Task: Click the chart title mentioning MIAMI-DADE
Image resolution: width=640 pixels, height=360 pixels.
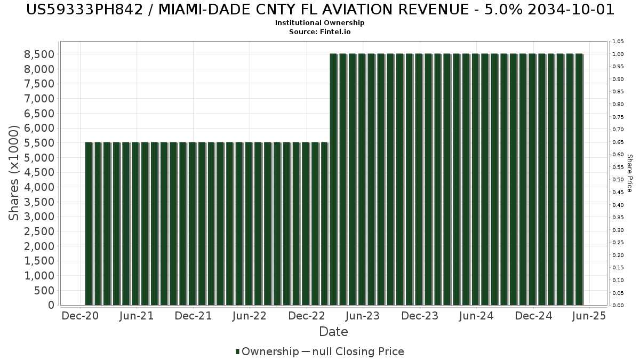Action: coord(320,10)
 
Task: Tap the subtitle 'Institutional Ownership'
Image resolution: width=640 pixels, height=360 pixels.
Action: coord(320,23)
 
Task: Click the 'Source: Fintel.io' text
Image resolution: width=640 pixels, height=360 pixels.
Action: coord(320,31)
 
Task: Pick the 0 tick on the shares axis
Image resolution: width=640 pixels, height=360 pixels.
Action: coord(51,305)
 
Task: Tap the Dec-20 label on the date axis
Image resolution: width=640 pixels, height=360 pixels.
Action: coord(80,316)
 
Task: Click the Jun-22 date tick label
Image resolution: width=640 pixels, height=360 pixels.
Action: coord(250,316)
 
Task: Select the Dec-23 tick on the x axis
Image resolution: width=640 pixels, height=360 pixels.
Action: coord(420,316)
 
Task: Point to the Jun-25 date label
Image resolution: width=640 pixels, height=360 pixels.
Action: coord(589,316)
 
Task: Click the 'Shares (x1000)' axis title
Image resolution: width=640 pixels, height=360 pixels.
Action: coord(14,173)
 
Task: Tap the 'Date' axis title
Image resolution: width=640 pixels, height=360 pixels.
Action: coord(333,332)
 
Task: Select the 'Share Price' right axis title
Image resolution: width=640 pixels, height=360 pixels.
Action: coord(629,173)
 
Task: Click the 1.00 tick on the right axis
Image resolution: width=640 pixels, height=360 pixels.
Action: coord(618,54)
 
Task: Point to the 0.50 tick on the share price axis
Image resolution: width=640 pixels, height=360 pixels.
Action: coord(618,180)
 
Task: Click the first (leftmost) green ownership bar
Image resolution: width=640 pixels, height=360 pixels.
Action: coord(89,224)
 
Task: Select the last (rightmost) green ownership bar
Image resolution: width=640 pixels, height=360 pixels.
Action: coord(578,180)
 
